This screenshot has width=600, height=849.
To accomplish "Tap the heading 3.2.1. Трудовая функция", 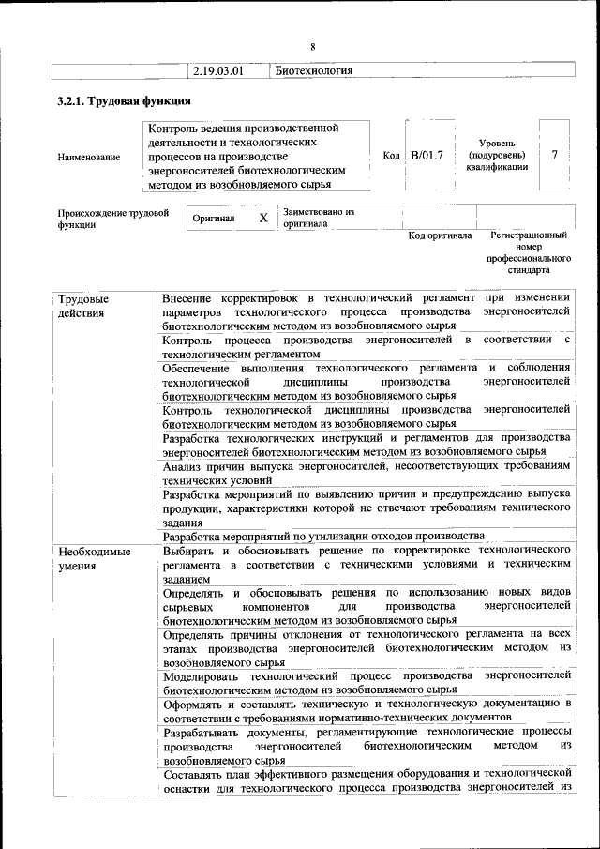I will click(x=125, y=101).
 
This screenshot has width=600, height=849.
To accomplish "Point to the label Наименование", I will click(x=89, y=158).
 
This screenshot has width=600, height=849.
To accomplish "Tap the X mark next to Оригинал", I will click(x=263, y=218).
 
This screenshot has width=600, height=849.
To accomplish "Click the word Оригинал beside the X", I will click(x=213, y=218).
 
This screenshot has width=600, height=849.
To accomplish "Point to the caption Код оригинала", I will click(x=440, y=235).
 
